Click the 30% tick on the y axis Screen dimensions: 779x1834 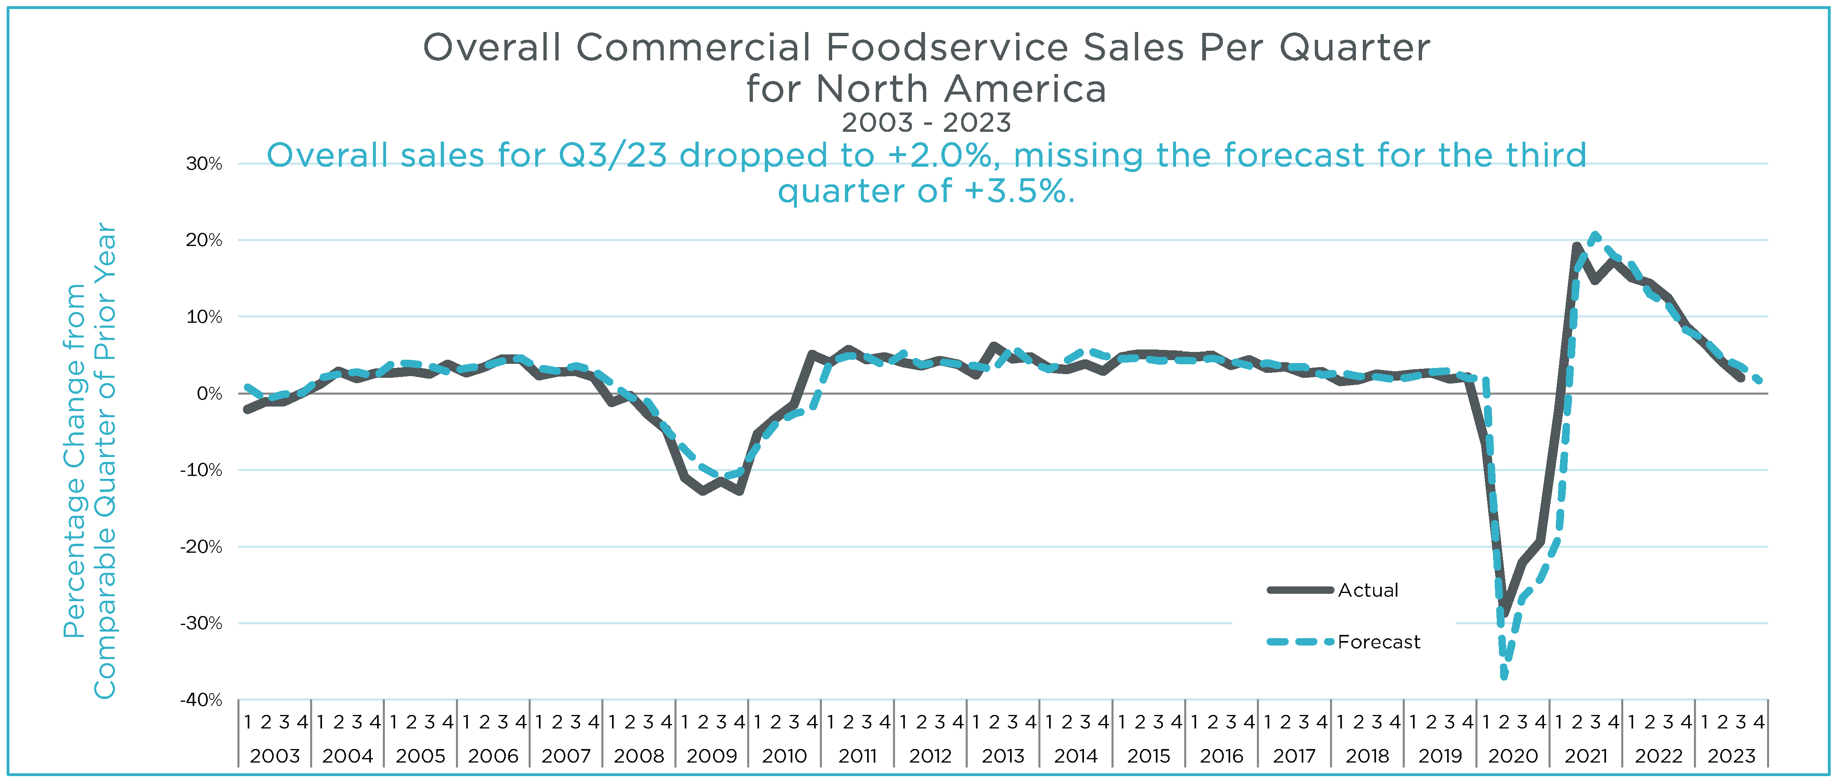[204, 164]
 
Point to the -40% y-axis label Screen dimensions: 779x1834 [202, 700]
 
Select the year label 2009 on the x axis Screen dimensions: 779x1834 [711, 756]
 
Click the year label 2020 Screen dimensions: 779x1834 [1513, 756]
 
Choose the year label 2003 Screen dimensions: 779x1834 [275, 756]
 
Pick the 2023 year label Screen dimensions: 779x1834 [1731, 756]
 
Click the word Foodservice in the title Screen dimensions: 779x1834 [947, 48]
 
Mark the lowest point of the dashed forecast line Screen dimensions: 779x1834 [1504, 676]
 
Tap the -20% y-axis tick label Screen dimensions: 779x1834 [202, 547]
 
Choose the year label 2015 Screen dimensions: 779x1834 [1148, 756]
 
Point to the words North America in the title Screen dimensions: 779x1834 [961, 89]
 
